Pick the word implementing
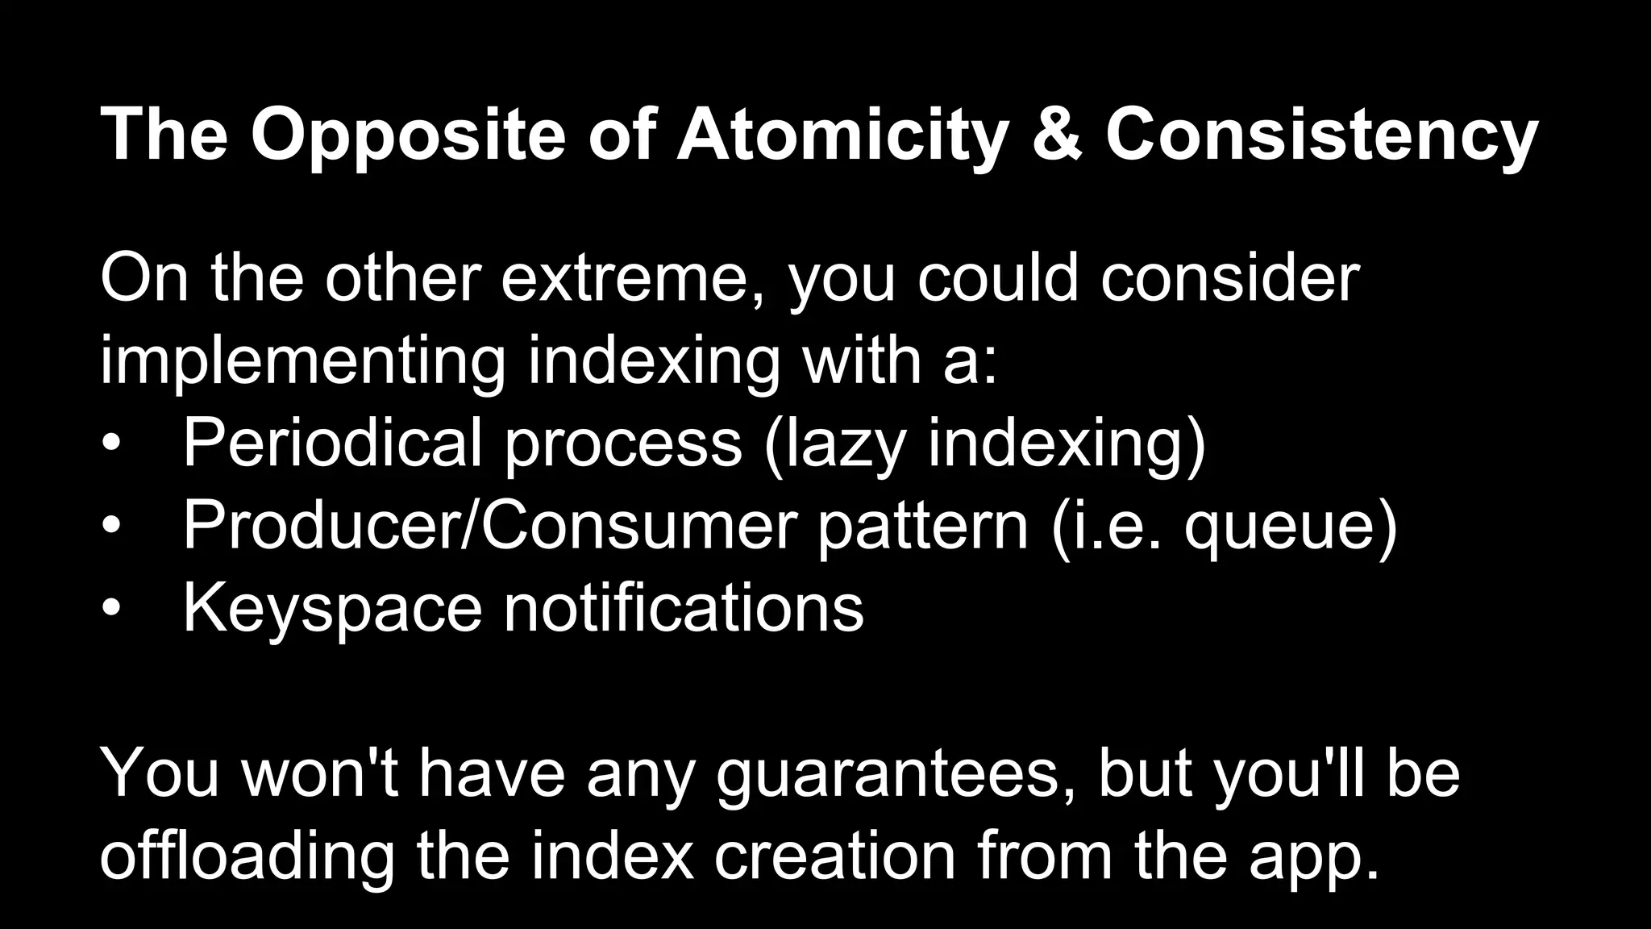pos(303,361)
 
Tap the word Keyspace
pos(332,608)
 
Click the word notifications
pos(684,608)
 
